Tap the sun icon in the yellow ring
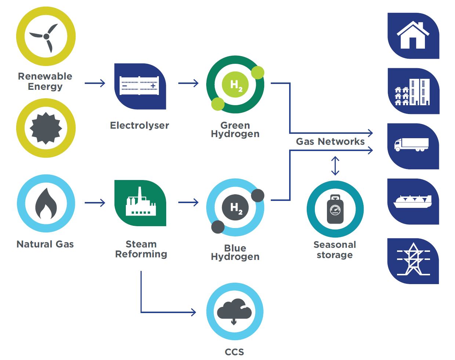click(x=46, y=128)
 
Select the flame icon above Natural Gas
click(x=46, y=203)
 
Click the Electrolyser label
click(x=139, y=125)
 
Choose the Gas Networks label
click(x=330, y=142)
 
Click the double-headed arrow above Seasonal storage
click(x=335, y=166)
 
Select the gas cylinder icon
click(x=335, y=209)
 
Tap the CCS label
click(x=234, y=352)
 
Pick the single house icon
click(x=413, y=36)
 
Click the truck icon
click(x=411, y=145)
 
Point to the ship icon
click(x=412, y=202)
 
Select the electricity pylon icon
click(x=413, y=259)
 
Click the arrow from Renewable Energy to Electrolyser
click(x=95, y=83)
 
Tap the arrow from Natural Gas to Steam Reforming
click(x=95, y=203)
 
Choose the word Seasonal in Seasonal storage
click(x=335, y=245)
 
